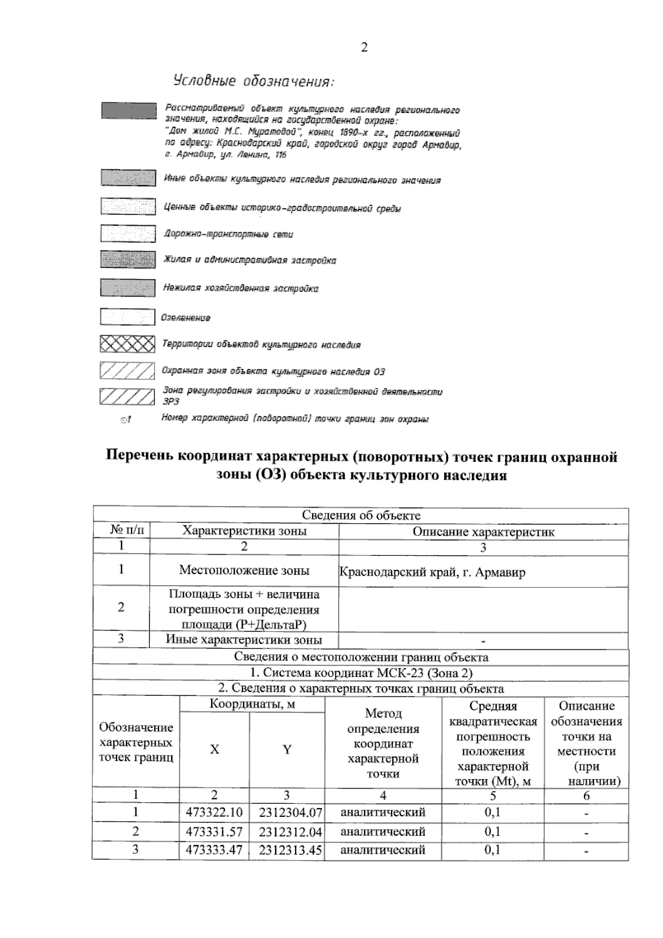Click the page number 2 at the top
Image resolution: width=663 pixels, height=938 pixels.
pyautogui.click(x=364, y=48)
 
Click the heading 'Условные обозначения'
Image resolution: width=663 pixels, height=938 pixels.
pyautogui.click(x=254, y=81)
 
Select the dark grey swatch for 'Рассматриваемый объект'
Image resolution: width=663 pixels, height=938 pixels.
pyautogui.click(x=128, y=110)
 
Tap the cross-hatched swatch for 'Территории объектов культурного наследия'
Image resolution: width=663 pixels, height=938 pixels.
pyautogui.click(x=127, y=345)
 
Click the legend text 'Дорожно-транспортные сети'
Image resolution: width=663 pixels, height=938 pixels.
pyautogui.click(x=228, y=234)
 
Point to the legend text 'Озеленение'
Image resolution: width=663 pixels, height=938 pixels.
pyautogui.click(x=186, y=318)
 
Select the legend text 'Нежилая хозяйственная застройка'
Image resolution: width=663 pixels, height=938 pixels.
pyautogui.click(x=240, y=288)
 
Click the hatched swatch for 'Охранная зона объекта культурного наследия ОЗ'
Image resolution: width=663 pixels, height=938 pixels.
pyautogui.click(x=127, y=371)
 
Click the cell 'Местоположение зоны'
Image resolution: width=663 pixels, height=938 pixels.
pyautogui.click(x=244, y=570)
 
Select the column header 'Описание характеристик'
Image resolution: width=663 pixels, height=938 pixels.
pyautogui.click(x=483, y=532)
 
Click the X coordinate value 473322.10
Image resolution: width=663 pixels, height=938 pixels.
pyautogui.click(x=214, y=812)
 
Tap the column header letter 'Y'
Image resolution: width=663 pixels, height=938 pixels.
pyautogui.click(x=287, y=750)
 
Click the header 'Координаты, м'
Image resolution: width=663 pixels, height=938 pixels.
pyautogui.click(x=252, y=704)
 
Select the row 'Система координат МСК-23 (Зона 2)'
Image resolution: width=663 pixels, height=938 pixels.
pyautogui.click(x=361, y=673)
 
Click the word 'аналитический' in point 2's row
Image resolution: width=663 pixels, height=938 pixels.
pyautogui.click(x=383, y=831)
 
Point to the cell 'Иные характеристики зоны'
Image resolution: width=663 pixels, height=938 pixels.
pyautogui.click(x=244, y=640)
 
